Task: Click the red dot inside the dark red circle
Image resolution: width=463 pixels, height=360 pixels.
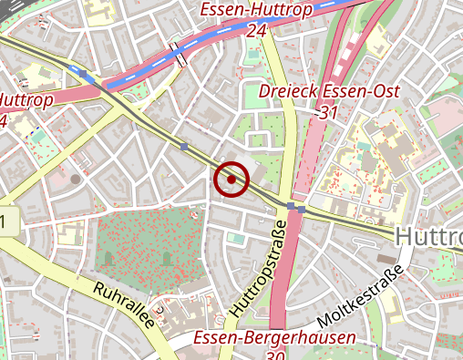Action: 231,180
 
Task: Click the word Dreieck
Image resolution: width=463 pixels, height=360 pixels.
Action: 288,93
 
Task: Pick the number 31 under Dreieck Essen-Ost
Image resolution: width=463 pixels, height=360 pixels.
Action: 329,112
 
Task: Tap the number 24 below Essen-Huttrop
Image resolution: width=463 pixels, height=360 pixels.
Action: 256,30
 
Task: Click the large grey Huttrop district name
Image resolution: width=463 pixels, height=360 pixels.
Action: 428,237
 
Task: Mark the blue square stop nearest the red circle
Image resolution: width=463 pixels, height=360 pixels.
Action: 184,146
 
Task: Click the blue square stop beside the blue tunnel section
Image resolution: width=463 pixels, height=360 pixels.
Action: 84,72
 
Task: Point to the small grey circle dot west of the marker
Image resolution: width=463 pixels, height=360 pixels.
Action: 75,179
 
